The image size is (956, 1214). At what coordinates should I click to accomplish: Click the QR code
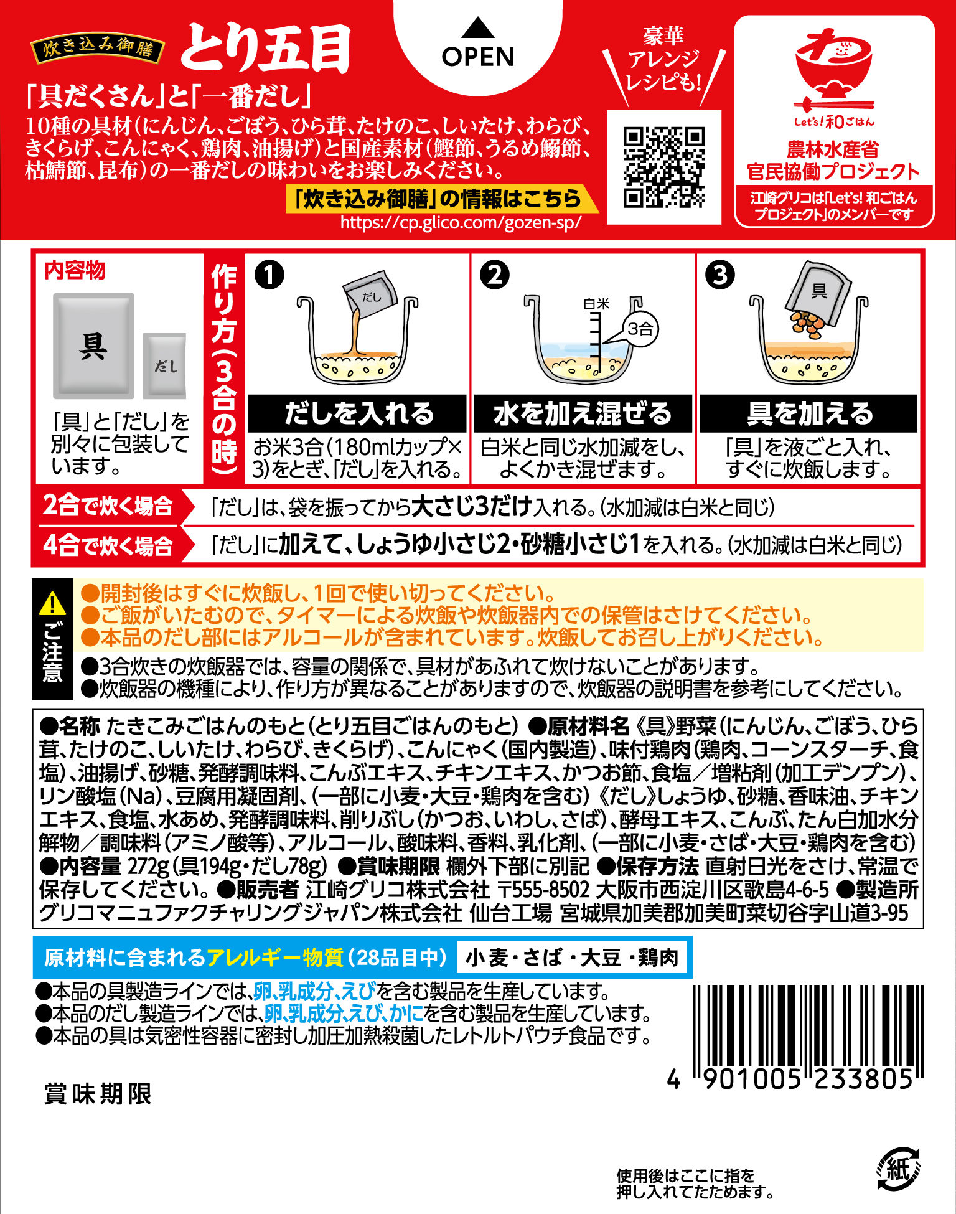[663, 167]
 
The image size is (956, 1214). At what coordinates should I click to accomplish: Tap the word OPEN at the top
[478, 57]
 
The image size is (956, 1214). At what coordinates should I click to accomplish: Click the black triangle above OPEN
[478, 27]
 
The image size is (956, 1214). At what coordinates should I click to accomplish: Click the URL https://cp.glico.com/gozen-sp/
[461, 222]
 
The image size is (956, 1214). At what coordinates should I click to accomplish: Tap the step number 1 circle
[269, 275]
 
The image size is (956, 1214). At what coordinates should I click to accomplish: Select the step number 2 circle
[495, 275]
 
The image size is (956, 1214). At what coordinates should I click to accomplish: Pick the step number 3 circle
[720, 275]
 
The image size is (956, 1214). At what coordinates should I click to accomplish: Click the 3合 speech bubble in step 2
[639, 329]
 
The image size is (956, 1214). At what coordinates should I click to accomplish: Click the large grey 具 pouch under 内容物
[93, 346]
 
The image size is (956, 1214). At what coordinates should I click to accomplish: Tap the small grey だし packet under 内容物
[165, 365]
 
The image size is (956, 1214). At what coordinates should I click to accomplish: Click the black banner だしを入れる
[357, 413]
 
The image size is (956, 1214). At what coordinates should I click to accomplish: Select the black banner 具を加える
[808, 413]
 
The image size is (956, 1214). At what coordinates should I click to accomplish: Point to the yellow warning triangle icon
[52, 603]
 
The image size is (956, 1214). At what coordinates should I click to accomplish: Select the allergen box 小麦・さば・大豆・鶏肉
[572, 958]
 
